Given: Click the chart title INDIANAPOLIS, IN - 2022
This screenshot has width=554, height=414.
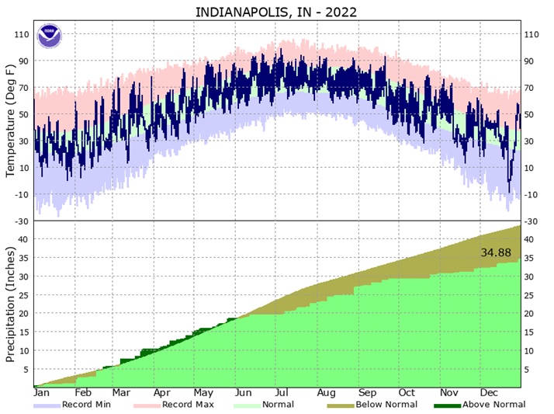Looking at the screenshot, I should click(276, 12).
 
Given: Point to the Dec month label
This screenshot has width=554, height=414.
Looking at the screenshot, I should click(489, 393).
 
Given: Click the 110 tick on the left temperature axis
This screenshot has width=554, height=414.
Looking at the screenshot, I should click(21, 34).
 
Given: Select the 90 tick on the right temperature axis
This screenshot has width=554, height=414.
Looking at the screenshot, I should click(532, 61).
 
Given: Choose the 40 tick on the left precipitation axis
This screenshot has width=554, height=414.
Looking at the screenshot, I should click(24, 238).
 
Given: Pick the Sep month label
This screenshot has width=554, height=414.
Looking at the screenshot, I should click(368, 393).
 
